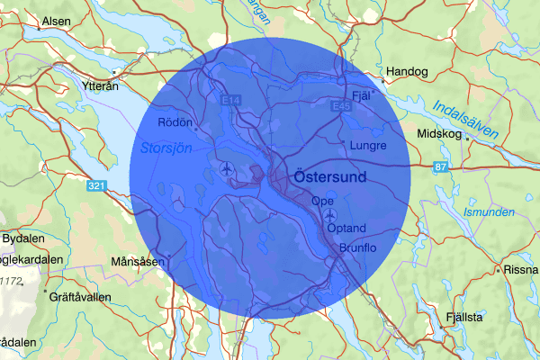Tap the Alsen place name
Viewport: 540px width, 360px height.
pyautogui.click(x=55, y=20)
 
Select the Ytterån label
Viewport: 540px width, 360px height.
pyautogui.click(x=100, y=88)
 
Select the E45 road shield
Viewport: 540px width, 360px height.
pyautogui.click(x=339, y=106)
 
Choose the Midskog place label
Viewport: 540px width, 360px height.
pyautogui.click(x=438, y=134)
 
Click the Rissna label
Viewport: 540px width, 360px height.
pyautogui.click(x=521, y=269)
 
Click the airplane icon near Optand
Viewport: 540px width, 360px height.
pyautogui.click(x=330, y=216)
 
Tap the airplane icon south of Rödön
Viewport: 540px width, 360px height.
pyautogui.click(x=226, y=168)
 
